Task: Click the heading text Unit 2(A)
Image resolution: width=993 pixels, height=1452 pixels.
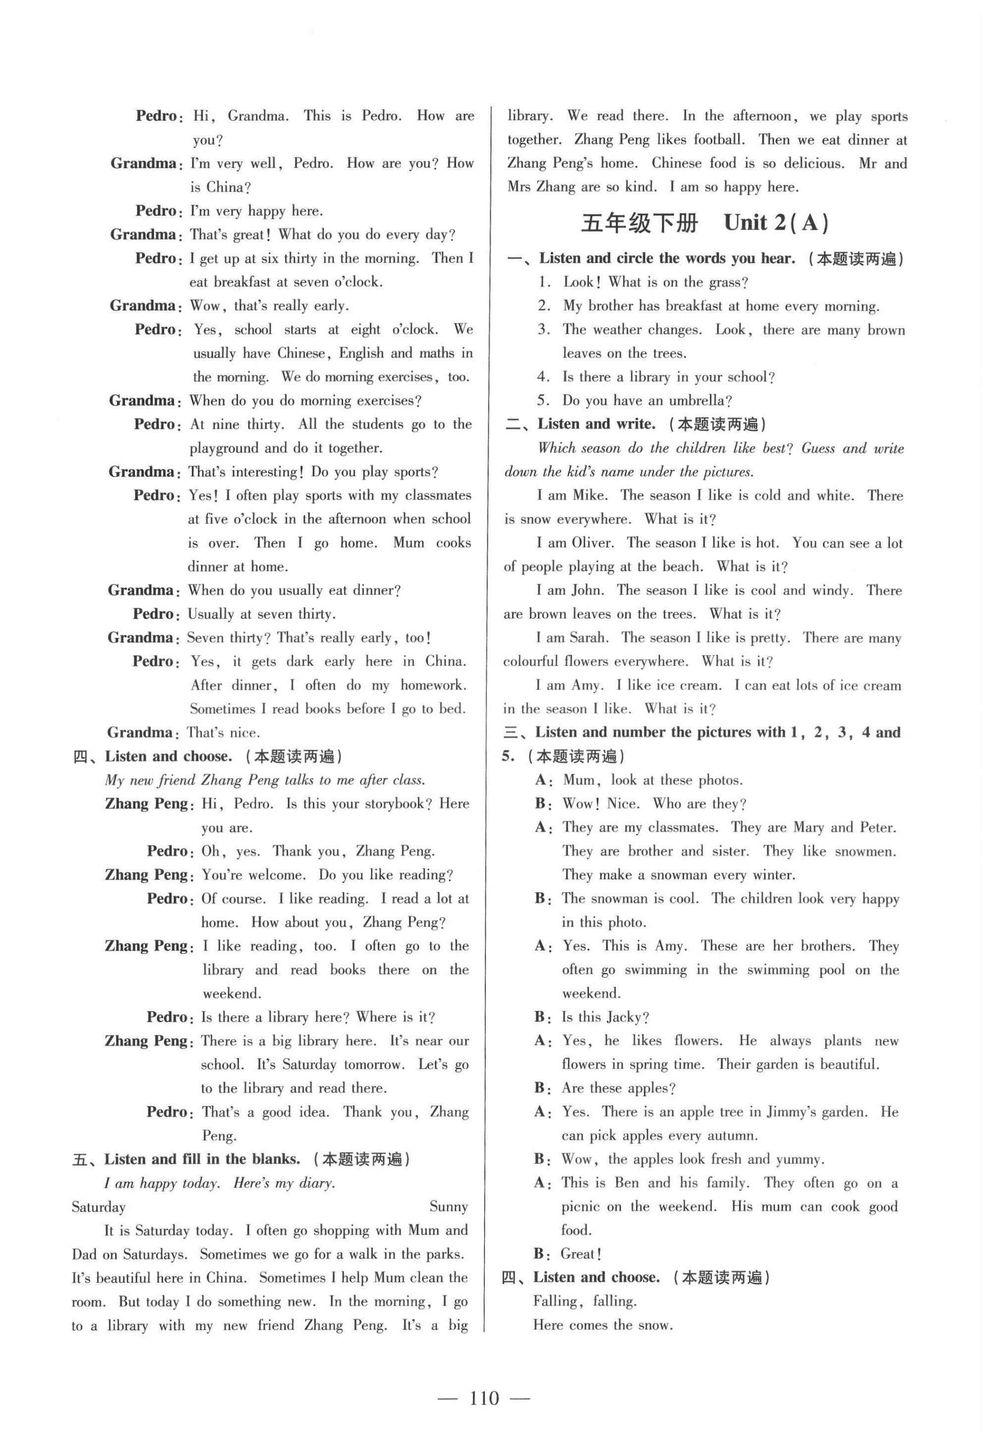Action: [x=776, y=223]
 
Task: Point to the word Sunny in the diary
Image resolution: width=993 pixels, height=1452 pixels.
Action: [x=448, y=1206]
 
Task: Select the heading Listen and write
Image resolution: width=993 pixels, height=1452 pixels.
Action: [x=596, y=424]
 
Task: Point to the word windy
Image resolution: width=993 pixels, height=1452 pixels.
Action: [x=830, y=590]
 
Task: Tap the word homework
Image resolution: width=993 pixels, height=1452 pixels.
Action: [x=432, y=686]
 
